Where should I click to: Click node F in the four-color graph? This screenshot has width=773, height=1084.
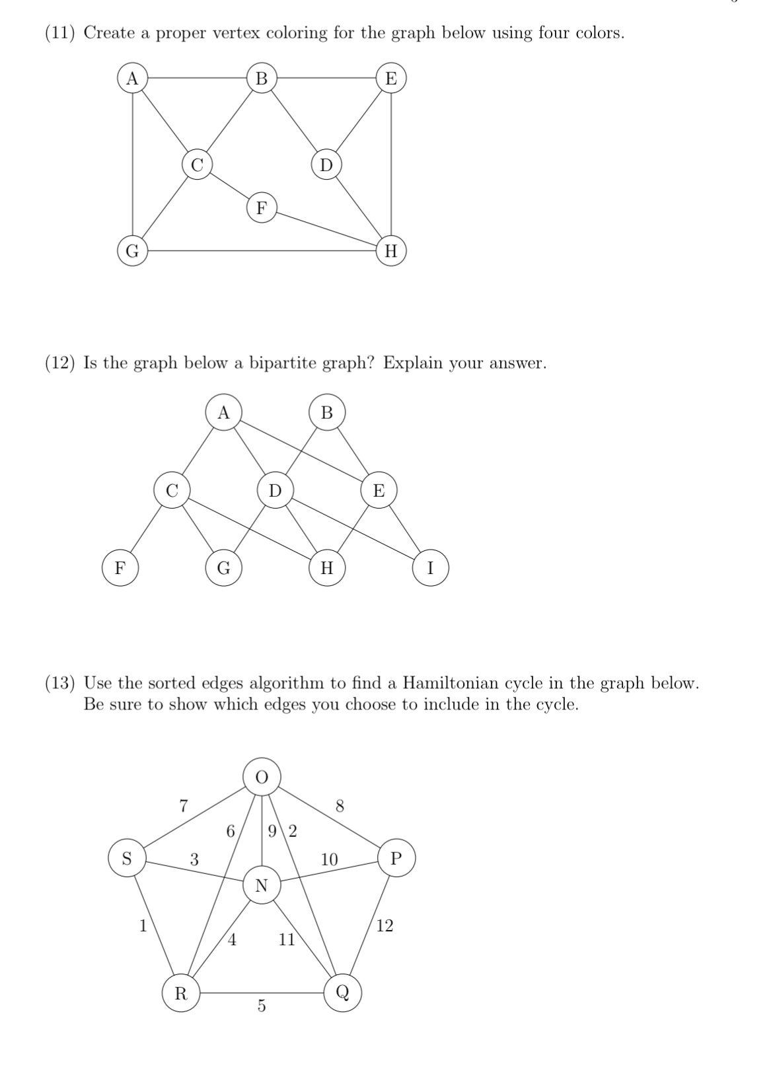(262, 208)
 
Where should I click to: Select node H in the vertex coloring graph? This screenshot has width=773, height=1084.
(391, 251)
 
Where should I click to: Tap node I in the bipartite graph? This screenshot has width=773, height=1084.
(431, 568)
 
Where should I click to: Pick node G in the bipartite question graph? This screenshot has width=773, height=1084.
(223, 568)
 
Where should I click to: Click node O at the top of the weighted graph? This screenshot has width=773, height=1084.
(262, 777)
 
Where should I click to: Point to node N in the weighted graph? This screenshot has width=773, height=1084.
(262, 885)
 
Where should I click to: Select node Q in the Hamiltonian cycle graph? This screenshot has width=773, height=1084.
(343, 992)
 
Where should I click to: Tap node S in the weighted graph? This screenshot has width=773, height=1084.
(128, 858)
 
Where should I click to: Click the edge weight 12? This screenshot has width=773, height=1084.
(385, 926)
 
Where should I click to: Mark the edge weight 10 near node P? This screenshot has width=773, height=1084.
(329, 859)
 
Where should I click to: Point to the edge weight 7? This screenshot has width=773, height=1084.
(184, 805)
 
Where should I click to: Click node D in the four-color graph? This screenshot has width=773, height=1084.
(326, 164)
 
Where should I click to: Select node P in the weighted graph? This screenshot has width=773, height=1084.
(396, 858)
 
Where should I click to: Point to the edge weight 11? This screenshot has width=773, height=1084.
(287, 939)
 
